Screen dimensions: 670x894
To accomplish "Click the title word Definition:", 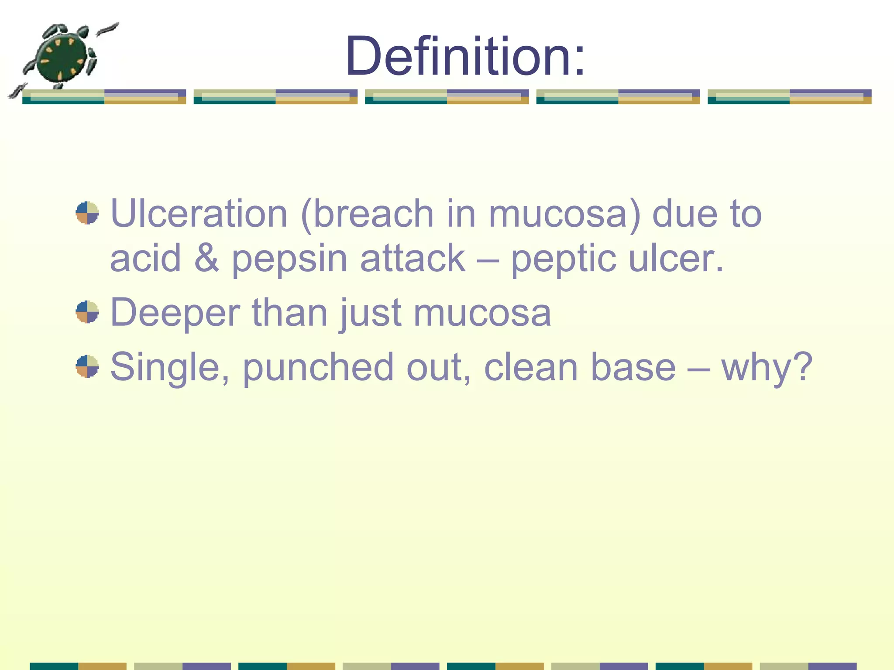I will point(464,57).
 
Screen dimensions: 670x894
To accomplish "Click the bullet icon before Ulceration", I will point(87,213).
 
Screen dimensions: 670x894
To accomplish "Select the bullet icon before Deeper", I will point(87,312).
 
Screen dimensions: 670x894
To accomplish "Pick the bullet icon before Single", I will point(87,366).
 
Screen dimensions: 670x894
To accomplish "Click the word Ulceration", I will point(199,214).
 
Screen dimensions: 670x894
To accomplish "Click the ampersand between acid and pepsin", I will point(206,258).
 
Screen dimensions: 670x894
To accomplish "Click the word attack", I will point(413,258).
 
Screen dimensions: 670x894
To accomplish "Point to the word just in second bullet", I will point(370,313).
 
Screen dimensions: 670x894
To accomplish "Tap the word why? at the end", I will point(767,367).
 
